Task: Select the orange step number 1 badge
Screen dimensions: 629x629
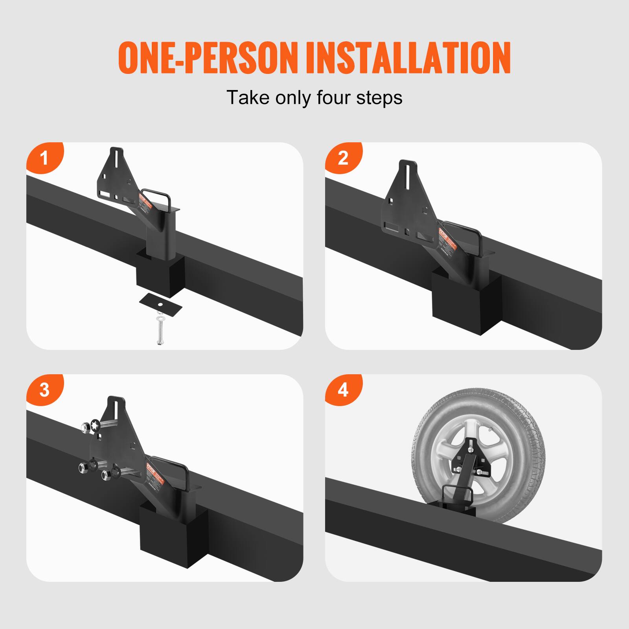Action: [44, 158]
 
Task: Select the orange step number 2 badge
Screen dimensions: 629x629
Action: [343, 158]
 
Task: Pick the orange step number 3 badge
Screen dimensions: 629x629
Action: [44, 390]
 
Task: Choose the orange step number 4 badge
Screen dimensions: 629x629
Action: [343, 390]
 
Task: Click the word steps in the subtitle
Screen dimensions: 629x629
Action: [379, 97]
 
